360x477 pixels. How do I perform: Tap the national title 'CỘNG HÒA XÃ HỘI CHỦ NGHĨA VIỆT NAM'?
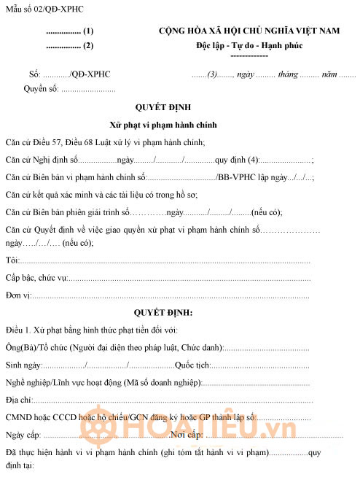coord(250,31)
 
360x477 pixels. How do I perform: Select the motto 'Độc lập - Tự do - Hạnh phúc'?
coord(249,45)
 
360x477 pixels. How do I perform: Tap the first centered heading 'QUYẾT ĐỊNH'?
coord(163,106)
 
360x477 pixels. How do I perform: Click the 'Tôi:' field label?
coord(12,260)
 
